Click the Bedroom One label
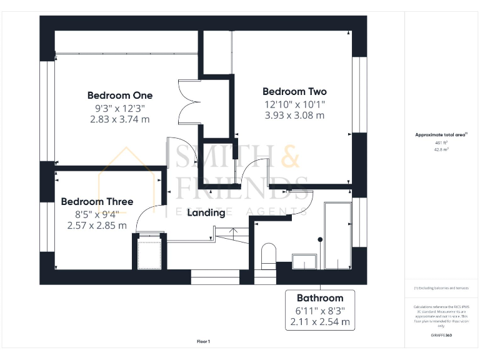[x=119, y=96]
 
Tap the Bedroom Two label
[x=294, y=91]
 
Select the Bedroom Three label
[x=97, y=202]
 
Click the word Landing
[x=206, y=212]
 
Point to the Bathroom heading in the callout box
[x=320, y=298]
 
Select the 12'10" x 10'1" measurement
[x=294, y=104]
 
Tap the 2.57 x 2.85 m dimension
[x=97, y=226]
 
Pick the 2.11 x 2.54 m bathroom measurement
[x=320, y=322]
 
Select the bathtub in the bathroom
[x=336, y=236]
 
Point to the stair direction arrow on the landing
[x=233, y=232]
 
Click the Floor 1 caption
[x=204, y=341]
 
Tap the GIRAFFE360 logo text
[x=441, y=336]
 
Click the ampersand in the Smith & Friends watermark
[x=289, y=157]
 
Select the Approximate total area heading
[x=441, y=135]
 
